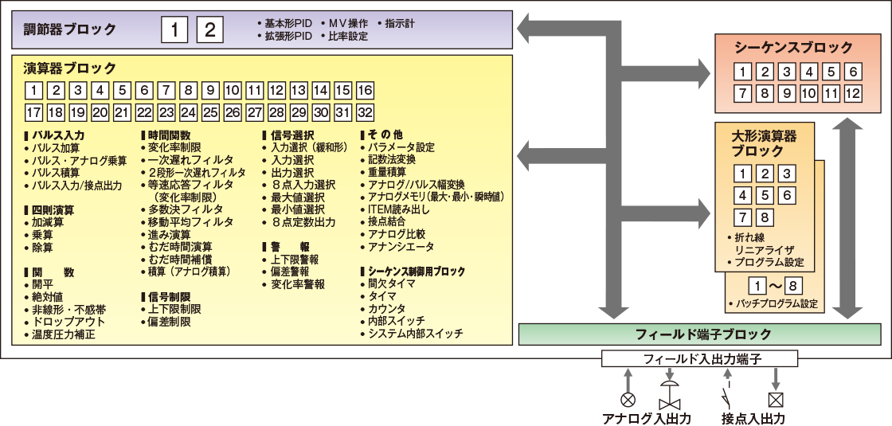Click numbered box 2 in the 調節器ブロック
click(x=209, y=30)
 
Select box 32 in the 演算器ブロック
click(x=365, y=111)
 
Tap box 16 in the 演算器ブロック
click(x=365, y=90)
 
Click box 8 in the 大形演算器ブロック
click(x=765, y=217)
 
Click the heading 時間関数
click(x=170, y=135)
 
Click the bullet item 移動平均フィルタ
click(x=191, y=222)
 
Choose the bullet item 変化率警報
click(x=298, y=284)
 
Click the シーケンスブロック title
click(x=783, y=48)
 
